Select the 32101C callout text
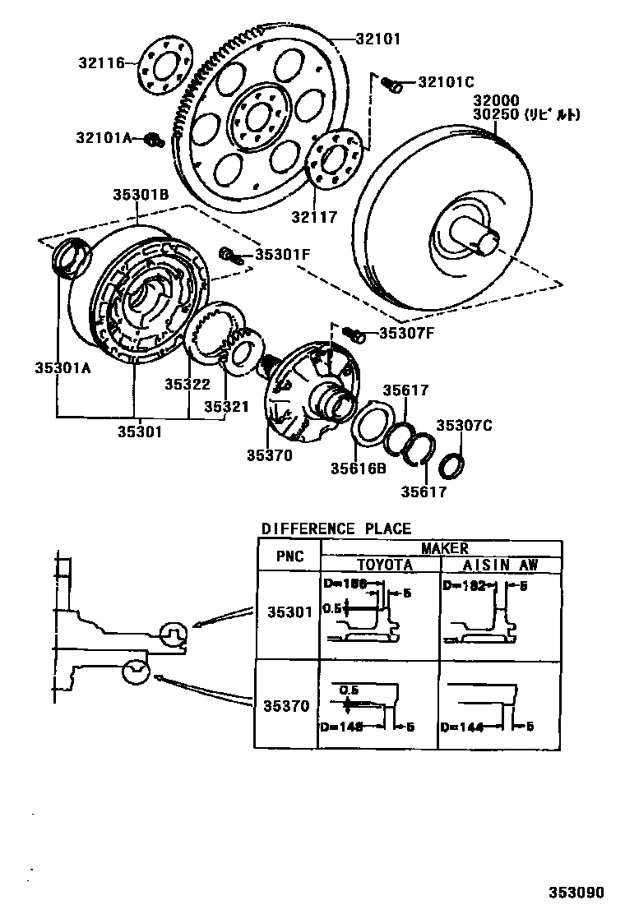446,82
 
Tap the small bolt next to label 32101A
151,140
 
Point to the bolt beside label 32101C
392,84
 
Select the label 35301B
141,195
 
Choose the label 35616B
358,469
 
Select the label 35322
187,384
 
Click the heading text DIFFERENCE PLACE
336,529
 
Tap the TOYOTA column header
384,565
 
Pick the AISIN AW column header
499,565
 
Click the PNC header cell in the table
289,556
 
